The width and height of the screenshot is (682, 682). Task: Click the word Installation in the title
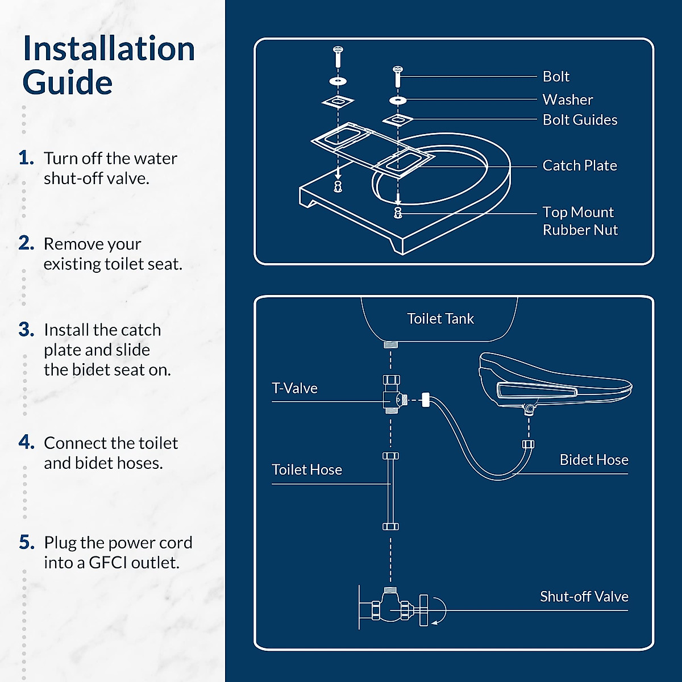(x=109, y=48)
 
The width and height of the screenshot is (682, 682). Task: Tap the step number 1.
(x=26, y=158)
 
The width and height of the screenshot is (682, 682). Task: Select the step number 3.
(x=27, y=330)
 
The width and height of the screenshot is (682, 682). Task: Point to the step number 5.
(x=27, y=543)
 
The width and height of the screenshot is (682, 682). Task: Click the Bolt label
(x=556, y=77)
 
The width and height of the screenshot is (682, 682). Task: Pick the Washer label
(x=568, y=100)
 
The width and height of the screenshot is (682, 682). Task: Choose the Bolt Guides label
(x=580, y=119)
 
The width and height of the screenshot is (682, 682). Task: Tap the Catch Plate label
(x=580, y=165)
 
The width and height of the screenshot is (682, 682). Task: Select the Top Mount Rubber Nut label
(x=580, y=221)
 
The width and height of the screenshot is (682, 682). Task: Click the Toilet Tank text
(x=440, y=318)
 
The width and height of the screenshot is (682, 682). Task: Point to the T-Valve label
(x=294, y=388)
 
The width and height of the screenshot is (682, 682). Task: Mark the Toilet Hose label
(x=307, y=469)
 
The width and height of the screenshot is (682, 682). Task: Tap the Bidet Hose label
(x=594, y=460)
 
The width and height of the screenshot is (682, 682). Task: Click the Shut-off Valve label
(x=584, y=596)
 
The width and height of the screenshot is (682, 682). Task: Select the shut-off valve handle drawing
(x=423, y=610)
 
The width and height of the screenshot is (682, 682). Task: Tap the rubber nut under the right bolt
(x=398, y=213)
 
